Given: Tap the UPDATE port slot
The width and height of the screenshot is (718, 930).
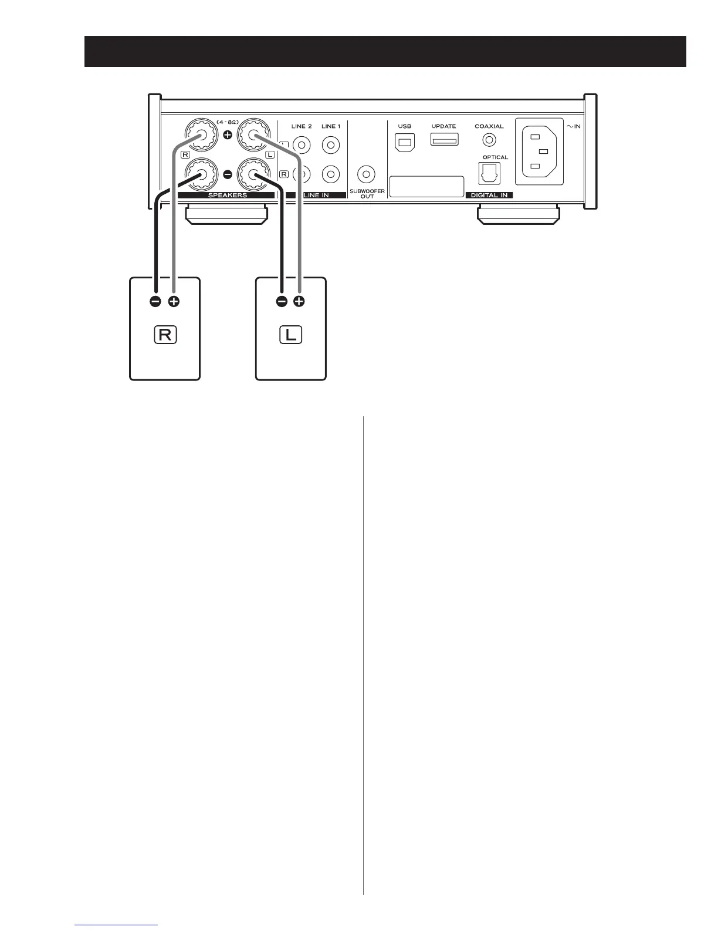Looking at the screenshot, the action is click(444, 140).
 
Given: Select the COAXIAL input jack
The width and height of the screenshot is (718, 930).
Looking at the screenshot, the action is click(489, 140).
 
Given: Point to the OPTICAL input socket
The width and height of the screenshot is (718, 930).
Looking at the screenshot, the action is click(490, 174).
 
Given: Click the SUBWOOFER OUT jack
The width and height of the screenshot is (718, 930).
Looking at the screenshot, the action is click(367, 174).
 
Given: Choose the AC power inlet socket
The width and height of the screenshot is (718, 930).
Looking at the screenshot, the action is click(538, 153).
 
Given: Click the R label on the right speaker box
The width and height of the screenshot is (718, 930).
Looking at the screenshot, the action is click(165, 335).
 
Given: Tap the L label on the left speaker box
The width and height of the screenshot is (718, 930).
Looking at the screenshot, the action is click(290, 335).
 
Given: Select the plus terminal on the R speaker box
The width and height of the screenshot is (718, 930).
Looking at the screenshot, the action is click(174, 302).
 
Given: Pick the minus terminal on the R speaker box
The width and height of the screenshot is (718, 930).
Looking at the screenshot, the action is click(155, 302).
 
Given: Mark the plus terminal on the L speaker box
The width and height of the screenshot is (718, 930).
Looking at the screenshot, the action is click(299, 302).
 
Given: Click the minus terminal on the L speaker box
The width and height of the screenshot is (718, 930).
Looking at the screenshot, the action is click(282, 302).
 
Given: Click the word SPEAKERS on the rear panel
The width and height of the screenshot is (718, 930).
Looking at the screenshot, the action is click(228, 195).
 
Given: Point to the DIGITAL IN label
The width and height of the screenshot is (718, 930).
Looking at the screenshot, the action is click(489, 195).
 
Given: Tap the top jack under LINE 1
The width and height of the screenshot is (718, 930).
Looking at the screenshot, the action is click(331, 144).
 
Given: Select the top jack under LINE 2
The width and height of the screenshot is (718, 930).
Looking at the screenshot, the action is click(302, 144).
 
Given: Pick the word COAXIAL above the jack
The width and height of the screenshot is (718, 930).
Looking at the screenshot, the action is click(489, 126).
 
